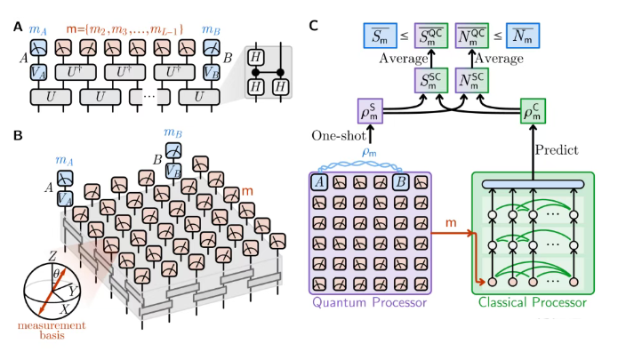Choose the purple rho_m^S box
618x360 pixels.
click(367, 114)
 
